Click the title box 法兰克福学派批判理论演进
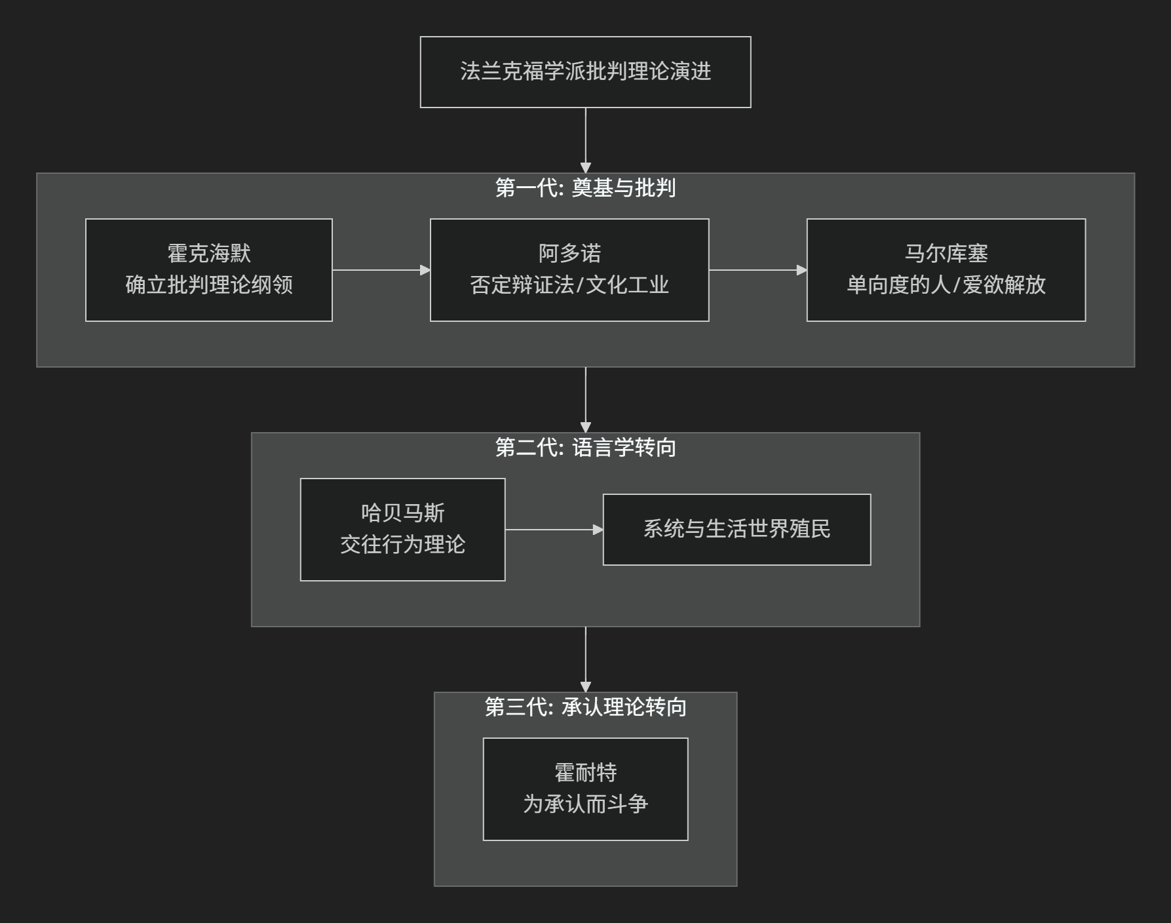tap(585, 72)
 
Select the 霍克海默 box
tap(209, 270)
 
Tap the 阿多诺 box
tap(569, 270)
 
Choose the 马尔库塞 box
tap(946, 270)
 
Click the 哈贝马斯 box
tap(403, 530)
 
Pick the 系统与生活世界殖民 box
tap(737, 530)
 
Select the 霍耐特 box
tap(586, 789)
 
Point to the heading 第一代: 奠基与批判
tap(585, 188)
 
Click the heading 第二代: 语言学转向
tap(585, 448)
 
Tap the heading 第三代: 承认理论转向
tap(585, 707)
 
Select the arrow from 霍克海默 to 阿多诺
tap(381, 270)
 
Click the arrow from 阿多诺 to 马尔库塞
tap(758, 270)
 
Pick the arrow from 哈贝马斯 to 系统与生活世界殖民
tap(554, 530)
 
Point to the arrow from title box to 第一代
tap(586, 140)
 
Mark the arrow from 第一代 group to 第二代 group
tap(586, 400)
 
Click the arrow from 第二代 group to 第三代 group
tap(586, 659)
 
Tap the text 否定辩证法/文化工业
tap(569, 285)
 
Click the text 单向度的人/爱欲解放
tap(946, 285)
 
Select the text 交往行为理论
tap(403, 545)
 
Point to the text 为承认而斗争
tap(586, 804)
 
